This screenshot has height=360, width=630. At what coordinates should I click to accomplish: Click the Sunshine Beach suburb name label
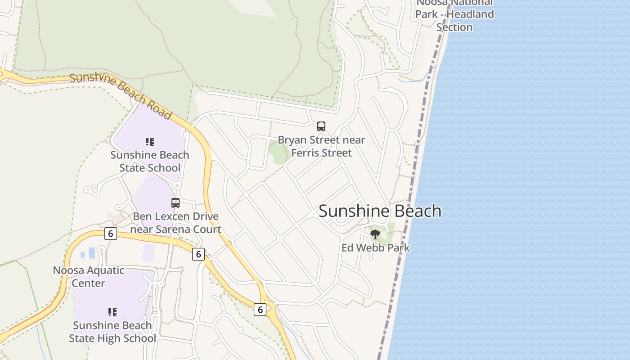click(x=380, y=211)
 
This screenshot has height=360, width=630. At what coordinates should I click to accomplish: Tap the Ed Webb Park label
click(x=375, y=247)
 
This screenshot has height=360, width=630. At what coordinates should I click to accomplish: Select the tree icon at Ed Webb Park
click(x=375, y=234)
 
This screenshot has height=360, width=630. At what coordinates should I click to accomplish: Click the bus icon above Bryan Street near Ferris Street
click(x=321, y=126)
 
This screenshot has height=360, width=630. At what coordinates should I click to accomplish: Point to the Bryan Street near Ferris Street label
click(x=321, y=146)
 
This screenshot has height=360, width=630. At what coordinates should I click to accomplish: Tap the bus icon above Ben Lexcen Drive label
click(x=175, y=203)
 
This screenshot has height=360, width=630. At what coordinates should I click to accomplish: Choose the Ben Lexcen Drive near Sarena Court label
click(x=176, y=223)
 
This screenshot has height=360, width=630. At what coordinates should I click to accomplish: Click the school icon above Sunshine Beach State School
click(x=150, y=142)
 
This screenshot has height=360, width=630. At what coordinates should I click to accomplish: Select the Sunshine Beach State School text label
click(x=150, y=161)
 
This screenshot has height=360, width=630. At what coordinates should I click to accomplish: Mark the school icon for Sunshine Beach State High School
click(x=112, y=312)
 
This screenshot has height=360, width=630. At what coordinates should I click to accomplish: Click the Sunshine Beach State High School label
click(x=112, y=332)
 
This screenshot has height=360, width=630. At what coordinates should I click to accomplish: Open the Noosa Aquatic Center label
click(x=89, y=276)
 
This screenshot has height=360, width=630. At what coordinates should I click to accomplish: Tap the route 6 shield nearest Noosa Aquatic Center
click(x=110, y=234)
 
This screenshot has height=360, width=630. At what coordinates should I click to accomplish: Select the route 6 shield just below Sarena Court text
click(x=198, y=254)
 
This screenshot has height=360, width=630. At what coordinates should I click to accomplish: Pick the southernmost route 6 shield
click(x=260, y=310)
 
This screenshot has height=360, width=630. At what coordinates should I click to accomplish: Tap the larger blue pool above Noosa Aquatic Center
click(x=92, y=253)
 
